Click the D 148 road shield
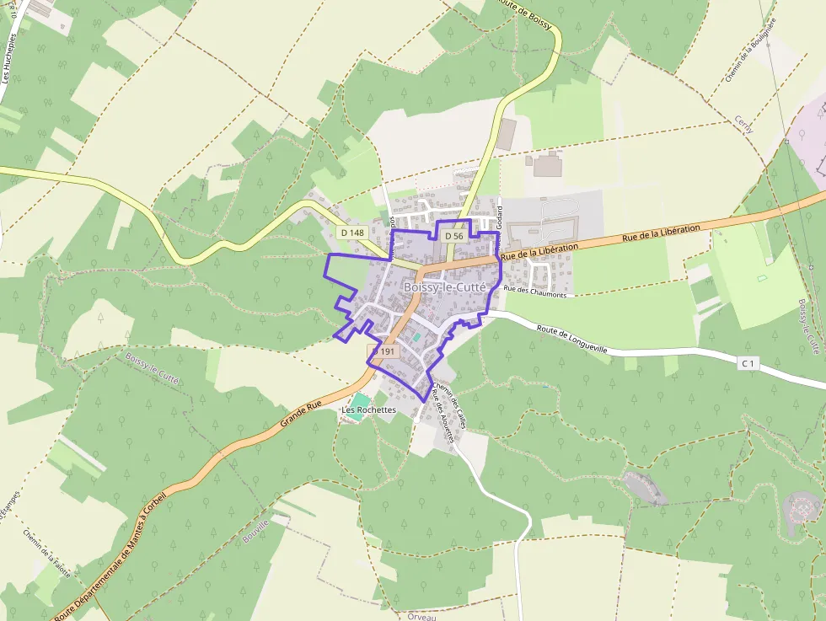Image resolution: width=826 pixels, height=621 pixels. [x=353, y=232]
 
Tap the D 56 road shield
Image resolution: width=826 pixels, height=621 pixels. [x=453, y=236]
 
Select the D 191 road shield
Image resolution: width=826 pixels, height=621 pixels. [x=383, y=351]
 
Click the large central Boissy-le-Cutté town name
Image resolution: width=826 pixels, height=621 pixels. [x=445, y=286]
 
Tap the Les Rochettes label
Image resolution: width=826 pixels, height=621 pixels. [x=368, y=410]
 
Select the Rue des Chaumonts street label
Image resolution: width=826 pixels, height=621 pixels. [x=539, y=291]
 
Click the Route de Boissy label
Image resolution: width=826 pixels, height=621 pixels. [x=529, y=14]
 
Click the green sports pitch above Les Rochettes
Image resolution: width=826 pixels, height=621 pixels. [x=360, y=399]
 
